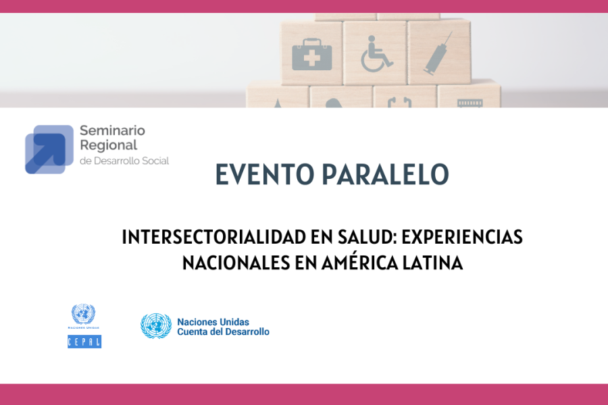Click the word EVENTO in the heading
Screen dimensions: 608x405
[x=264, y=174]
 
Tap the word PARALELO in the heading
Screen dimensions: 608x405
[x=386, y=174]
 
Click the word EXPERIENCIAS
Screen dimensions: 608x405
[x=462, y=237]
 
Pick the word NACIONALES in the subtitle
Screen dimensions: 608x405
[x=236, y=263]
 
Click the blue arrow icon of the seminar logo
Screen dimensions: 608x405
[x=49, y=150]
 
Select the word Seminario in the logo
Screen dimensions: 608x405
[x=112, y=130]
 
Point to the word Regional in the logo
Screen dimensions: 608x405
[x=109, y=146]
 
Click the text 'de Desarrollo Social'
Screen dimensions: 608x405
[x=124, y=161]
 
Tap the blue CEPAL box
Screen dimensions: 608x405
[x=84, y=342]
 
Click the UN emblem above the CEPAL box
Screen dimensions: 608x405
[x=83, y=314]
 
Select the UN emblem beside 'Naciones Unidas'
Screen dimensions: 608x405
[x=156, y=326]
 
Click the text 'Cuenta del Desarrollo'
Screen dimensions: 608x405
[x=224, y=331]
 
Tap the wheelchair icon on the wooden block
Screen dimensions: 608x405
[x=376, y=54]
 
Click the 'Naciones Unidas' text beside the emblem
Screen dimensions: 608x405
[x=213, y=322]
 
